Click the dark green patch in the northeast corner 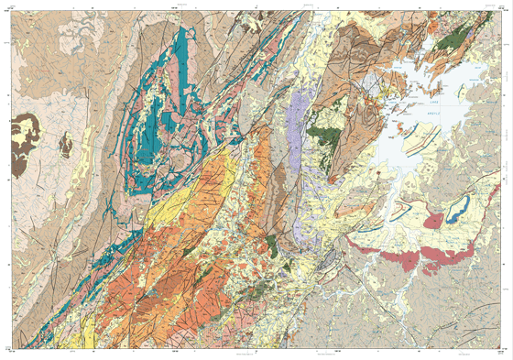click(451, 39)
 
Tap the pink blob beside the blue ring click(432, 220)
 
